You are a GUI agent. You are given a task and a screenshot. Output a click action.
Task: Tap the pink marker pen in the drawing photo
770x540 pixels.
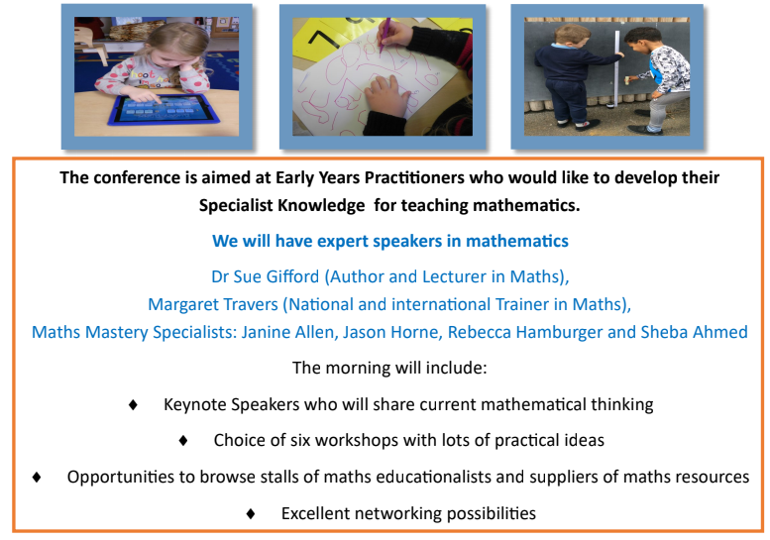[384, 36]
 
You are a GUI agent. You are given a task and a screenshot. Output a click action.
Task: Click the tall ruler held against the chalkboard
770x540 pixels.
[616, 68]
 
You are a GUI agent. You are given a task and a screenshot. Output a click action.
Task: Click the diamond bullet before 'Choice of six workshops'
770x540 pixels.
[183, 440]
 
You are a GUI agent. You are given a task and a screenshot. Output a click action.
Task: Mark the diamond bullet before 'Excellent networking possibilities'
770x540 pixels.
[251, 513]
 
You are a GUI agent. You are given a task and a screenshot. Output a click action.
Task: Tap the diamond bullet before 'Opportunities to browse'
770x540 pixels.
[37, 478]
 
